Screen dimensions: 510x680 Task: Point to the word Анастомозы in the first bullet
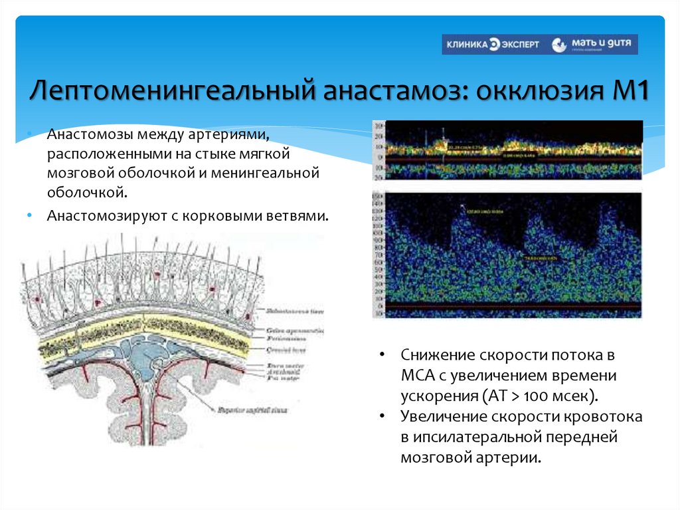[90, 135]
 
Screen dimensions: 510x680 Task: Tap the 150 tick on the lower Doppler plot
[379, 198]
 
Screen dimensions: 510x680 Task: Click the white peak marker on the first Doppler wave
[463, 208]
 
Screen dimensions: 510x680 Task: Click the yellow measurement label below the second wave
[542, 256]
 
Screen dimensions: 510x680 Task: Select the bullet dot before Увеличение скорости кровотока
[383, 416]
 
